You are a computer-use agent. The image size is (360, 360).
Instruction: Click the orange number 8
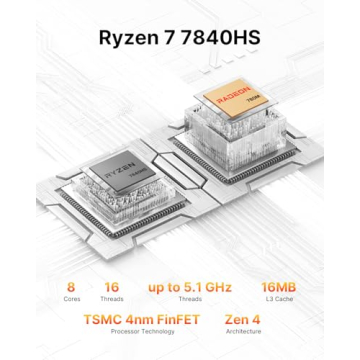[71, 287]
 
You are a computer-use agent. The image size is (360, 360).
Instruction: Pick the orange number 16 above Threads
[113, 287]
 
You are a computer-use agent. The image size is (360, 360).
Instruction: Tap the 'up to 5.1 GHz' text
[189, 287]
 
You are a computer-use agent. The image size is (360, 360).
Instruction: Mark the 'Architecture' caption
[243, 332]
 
